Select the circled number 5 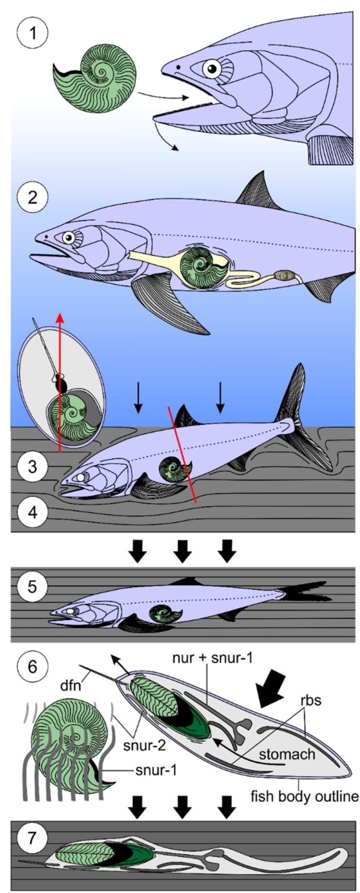click(33, 586)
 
